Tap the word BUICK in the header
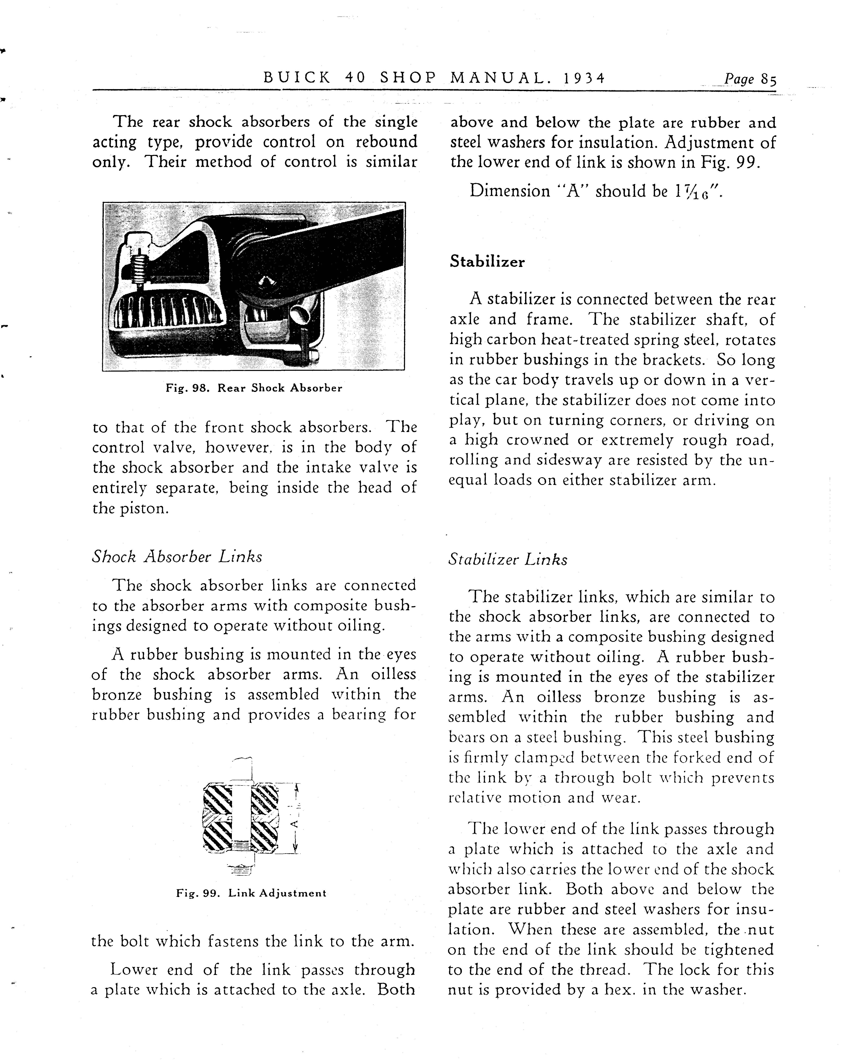tap(297, 78)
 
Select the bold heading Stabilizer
tap(487, 261)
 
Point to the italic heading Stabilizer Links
tap(508, 559)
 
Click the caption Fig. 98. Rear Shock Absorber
tap(254, 388)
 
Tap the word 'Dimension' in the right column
tap(510, 191)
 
